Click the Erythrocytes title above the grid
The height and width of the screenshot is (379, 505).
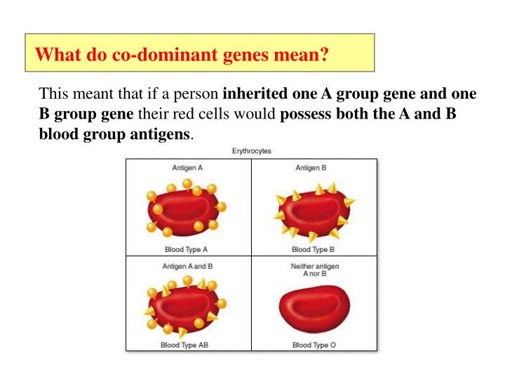[x=252, y=151]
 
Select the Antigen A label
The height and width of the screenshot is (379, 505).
[x=188, y=168]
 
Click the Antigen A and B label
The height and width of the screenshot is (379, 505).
[x=188, y=267]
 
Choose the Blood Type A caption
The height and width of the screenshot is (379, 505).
[x=188, y=249]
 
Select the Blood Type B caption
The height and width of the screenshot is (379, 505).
[x=314, y=249]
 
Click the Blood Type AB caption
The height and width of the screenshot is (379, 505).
[x=188, y=345]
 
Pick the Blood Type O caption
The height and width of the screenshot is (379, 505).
[x=314, y=345]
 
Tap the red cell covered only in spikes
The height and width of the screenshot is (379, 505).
[x=314, y=210]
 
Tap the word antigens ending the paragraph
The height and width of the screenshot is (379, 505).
[x=163, y=133]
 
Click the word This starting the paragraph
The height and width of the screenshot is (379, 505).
[x=53, y=94]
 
